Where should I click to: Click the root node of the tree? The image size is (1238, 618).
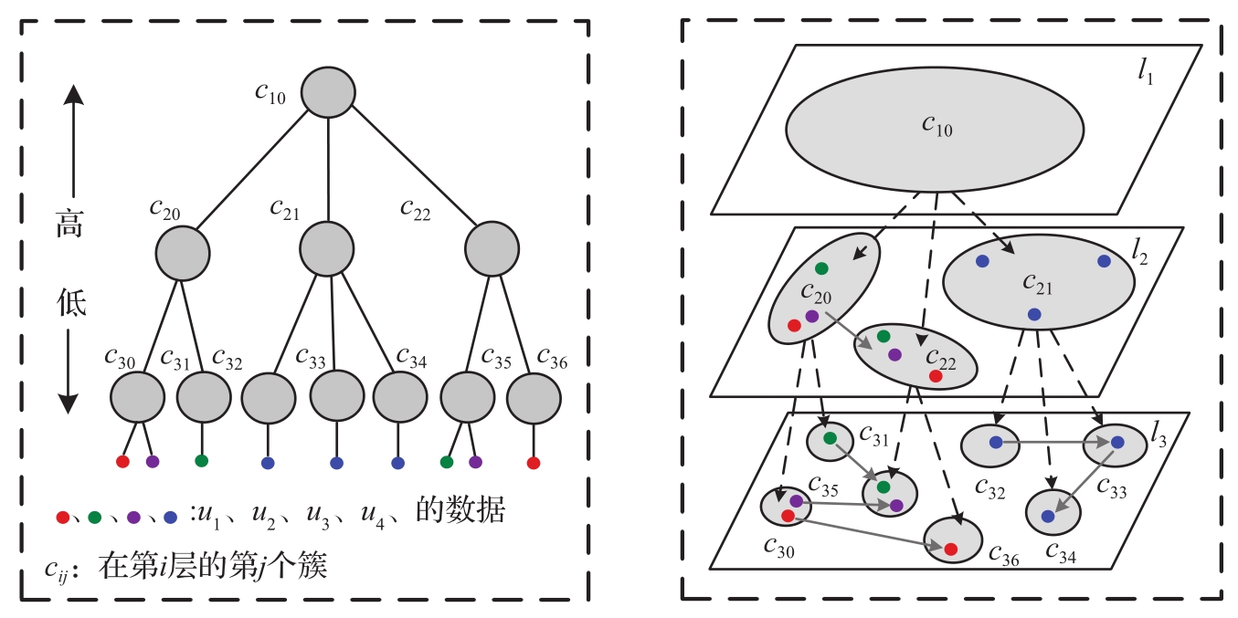coord(328,92)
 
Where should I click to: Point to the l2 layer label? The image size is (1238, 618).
coord(1139,252)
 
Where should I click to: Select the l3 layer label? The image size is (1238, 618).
coord(1159,434)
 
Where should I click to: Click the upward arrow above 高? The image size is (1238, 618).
coord(73,141)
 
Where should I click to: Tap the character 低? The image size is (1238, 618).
coord(71,303)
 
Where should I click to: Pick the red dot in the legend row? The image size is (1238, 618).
coord(62,518)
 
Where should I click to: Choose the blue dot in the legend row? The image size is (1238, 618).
coord(170,518)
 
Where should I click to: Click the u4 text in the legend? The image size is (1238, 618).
coord(373,516)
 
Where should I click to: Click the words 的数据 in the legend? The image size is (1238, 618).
coord(460,509)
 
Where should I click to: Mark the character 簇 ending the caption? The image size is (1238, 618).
coord(312,565)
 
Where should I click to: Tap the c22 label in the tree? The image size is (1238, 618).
coord(415,210)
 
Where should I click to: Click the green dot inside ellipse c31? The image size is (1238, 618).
coord(830,438)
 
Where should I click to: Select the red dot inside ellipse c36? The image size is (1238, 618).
coord(950,549)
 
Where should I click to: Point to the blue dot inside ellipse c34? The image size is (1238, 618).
coord(1048,517)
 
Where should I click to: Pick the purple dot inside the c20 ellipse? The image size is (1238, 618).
coord(812,317)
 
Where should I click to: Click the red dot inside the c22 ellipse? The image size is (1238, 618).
coord(936,376)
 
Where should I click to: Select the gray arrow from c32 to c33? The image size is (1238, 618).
coord(1054,442)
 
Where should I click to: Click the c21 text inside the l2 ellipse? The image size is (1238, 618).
coord(1037,284)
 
